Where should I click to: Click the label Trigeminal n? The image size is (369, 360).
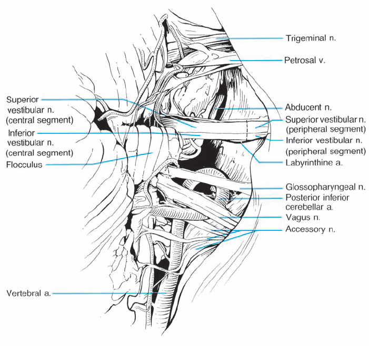[311, 38]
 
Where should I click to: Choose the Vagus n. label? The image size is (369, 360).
[301, 217]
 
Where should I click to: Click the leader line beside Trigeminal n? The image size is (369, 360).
[253, 38]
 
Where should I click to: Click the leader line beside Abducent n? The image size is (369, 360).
[247, 108]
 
